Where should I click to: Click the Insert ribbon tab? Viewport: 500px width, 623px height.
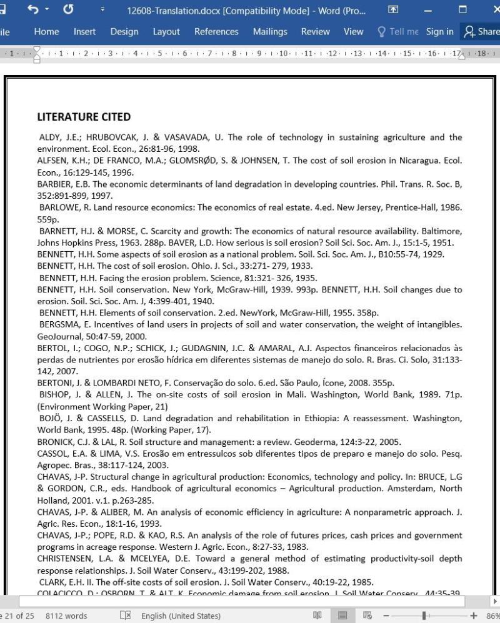click(84, 32)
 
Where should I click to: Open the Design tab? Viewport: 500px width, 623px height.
click(124, 32)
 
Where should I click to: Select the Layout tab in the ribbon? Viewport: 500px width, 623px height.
click(166, 32)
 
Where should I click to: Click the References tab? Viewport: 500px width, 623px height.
click(216, 32)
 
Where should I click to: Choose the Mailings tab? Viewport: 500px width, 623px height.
click(270, 32)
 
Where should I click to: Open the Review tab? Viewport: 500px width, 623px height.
click(315, 32)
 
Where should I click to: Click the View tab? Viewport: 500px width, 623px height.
click(353, 32)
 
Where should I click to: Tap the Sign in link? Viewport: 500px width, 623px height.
click(439, 32)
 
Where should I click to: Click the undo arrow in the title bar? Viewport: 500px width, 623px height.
click(34, 10)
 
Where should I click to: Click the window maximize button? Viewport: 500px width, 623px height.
click(462, 10)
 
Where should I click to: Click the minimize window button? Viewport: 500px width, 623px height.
click(428, 10)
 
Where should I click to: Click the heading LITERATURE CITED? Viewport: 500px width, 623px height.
click(84, 117)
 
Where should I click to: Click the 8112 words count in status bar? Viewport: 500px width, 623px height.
click(66, 616)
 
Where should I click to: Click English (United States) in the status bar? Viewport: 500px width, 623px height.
click(180, 616)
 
